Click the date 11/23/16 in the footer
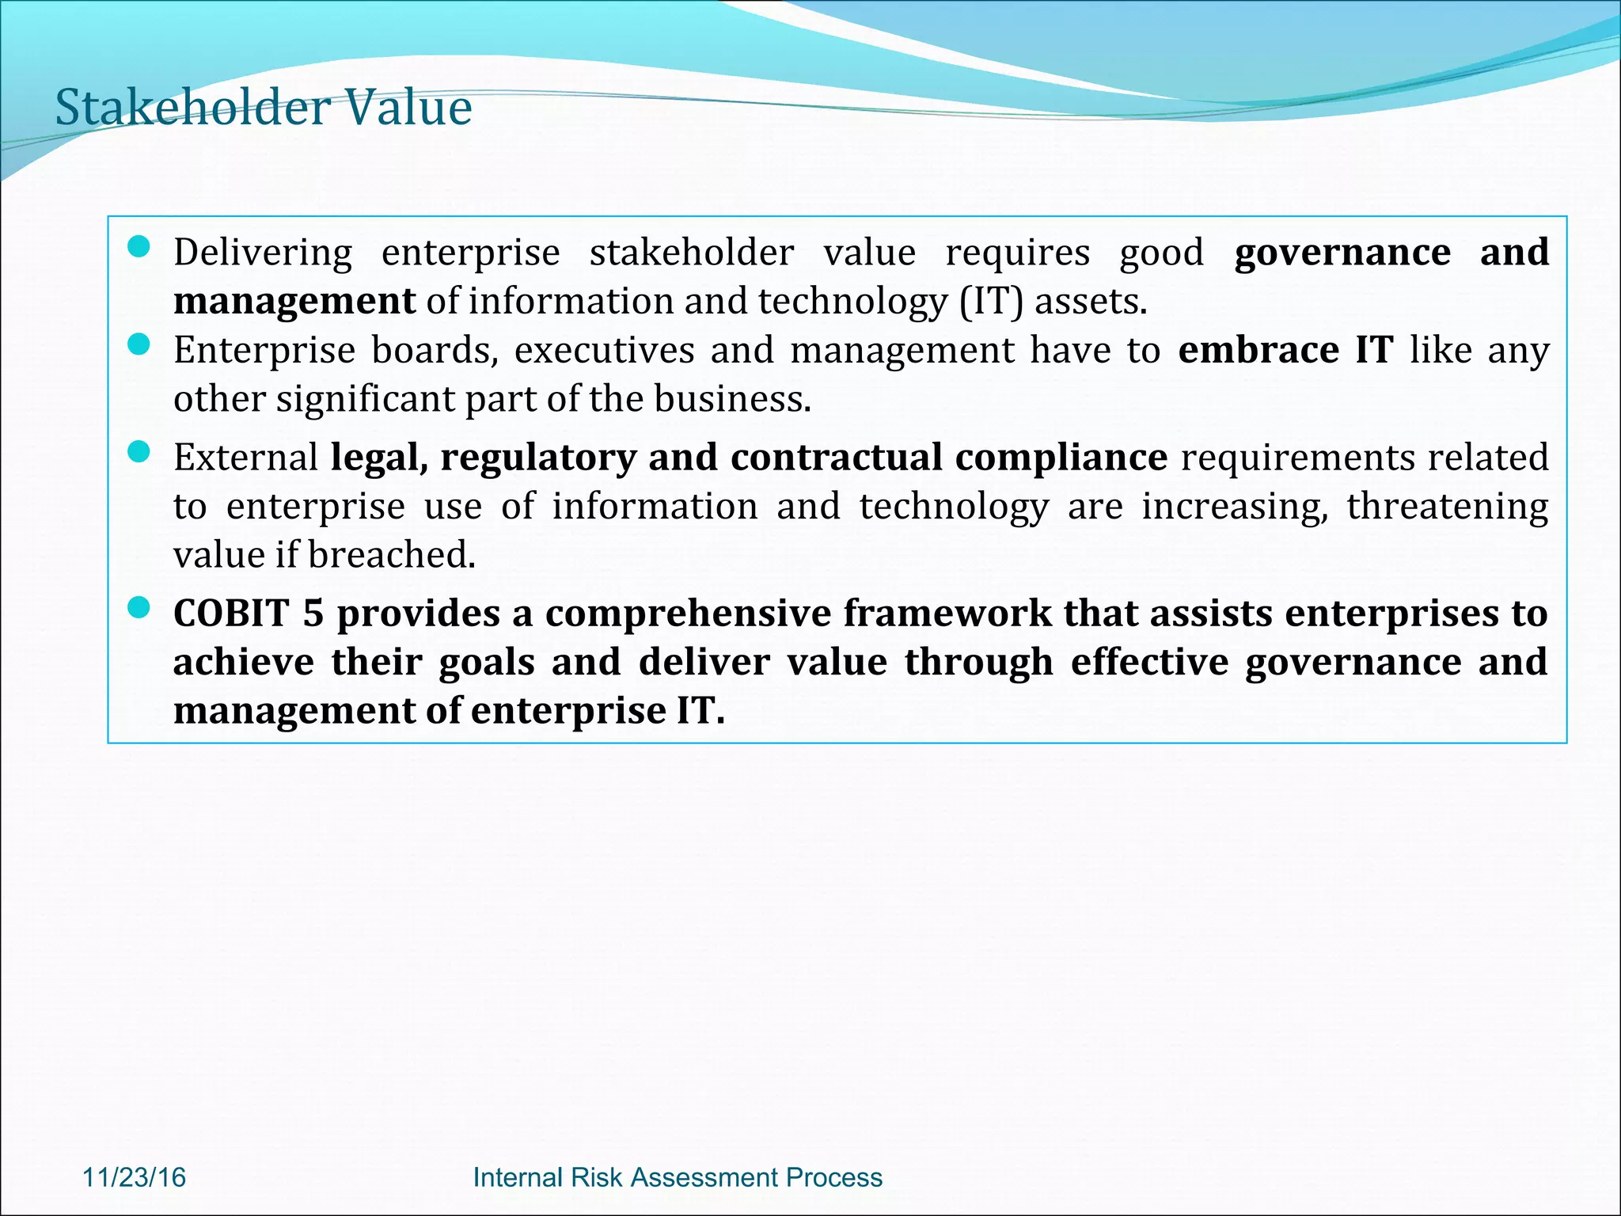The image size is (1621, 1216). (134, 1177)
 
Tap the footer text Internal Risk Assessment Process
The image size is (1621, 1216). (678, 1177)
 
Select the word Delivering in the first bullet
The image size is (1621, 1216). (263, 253)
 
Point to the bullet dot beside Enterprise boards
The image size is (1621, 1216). (139, 345)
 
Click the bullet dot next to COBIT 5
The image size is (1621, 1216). (139, 608)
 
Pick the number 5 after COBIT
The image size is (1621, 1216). (313, 614)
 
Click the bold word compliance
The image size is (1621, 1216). (1061, 458)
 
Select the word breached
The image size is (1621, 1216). (391, 555)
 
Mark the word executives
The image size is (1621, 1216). (604, 350)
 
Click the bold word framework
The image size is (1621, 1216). (947, 614)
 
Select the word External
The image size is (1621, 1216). (245, 458)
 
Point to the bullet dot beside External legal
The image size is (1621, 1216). (139, 452)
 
